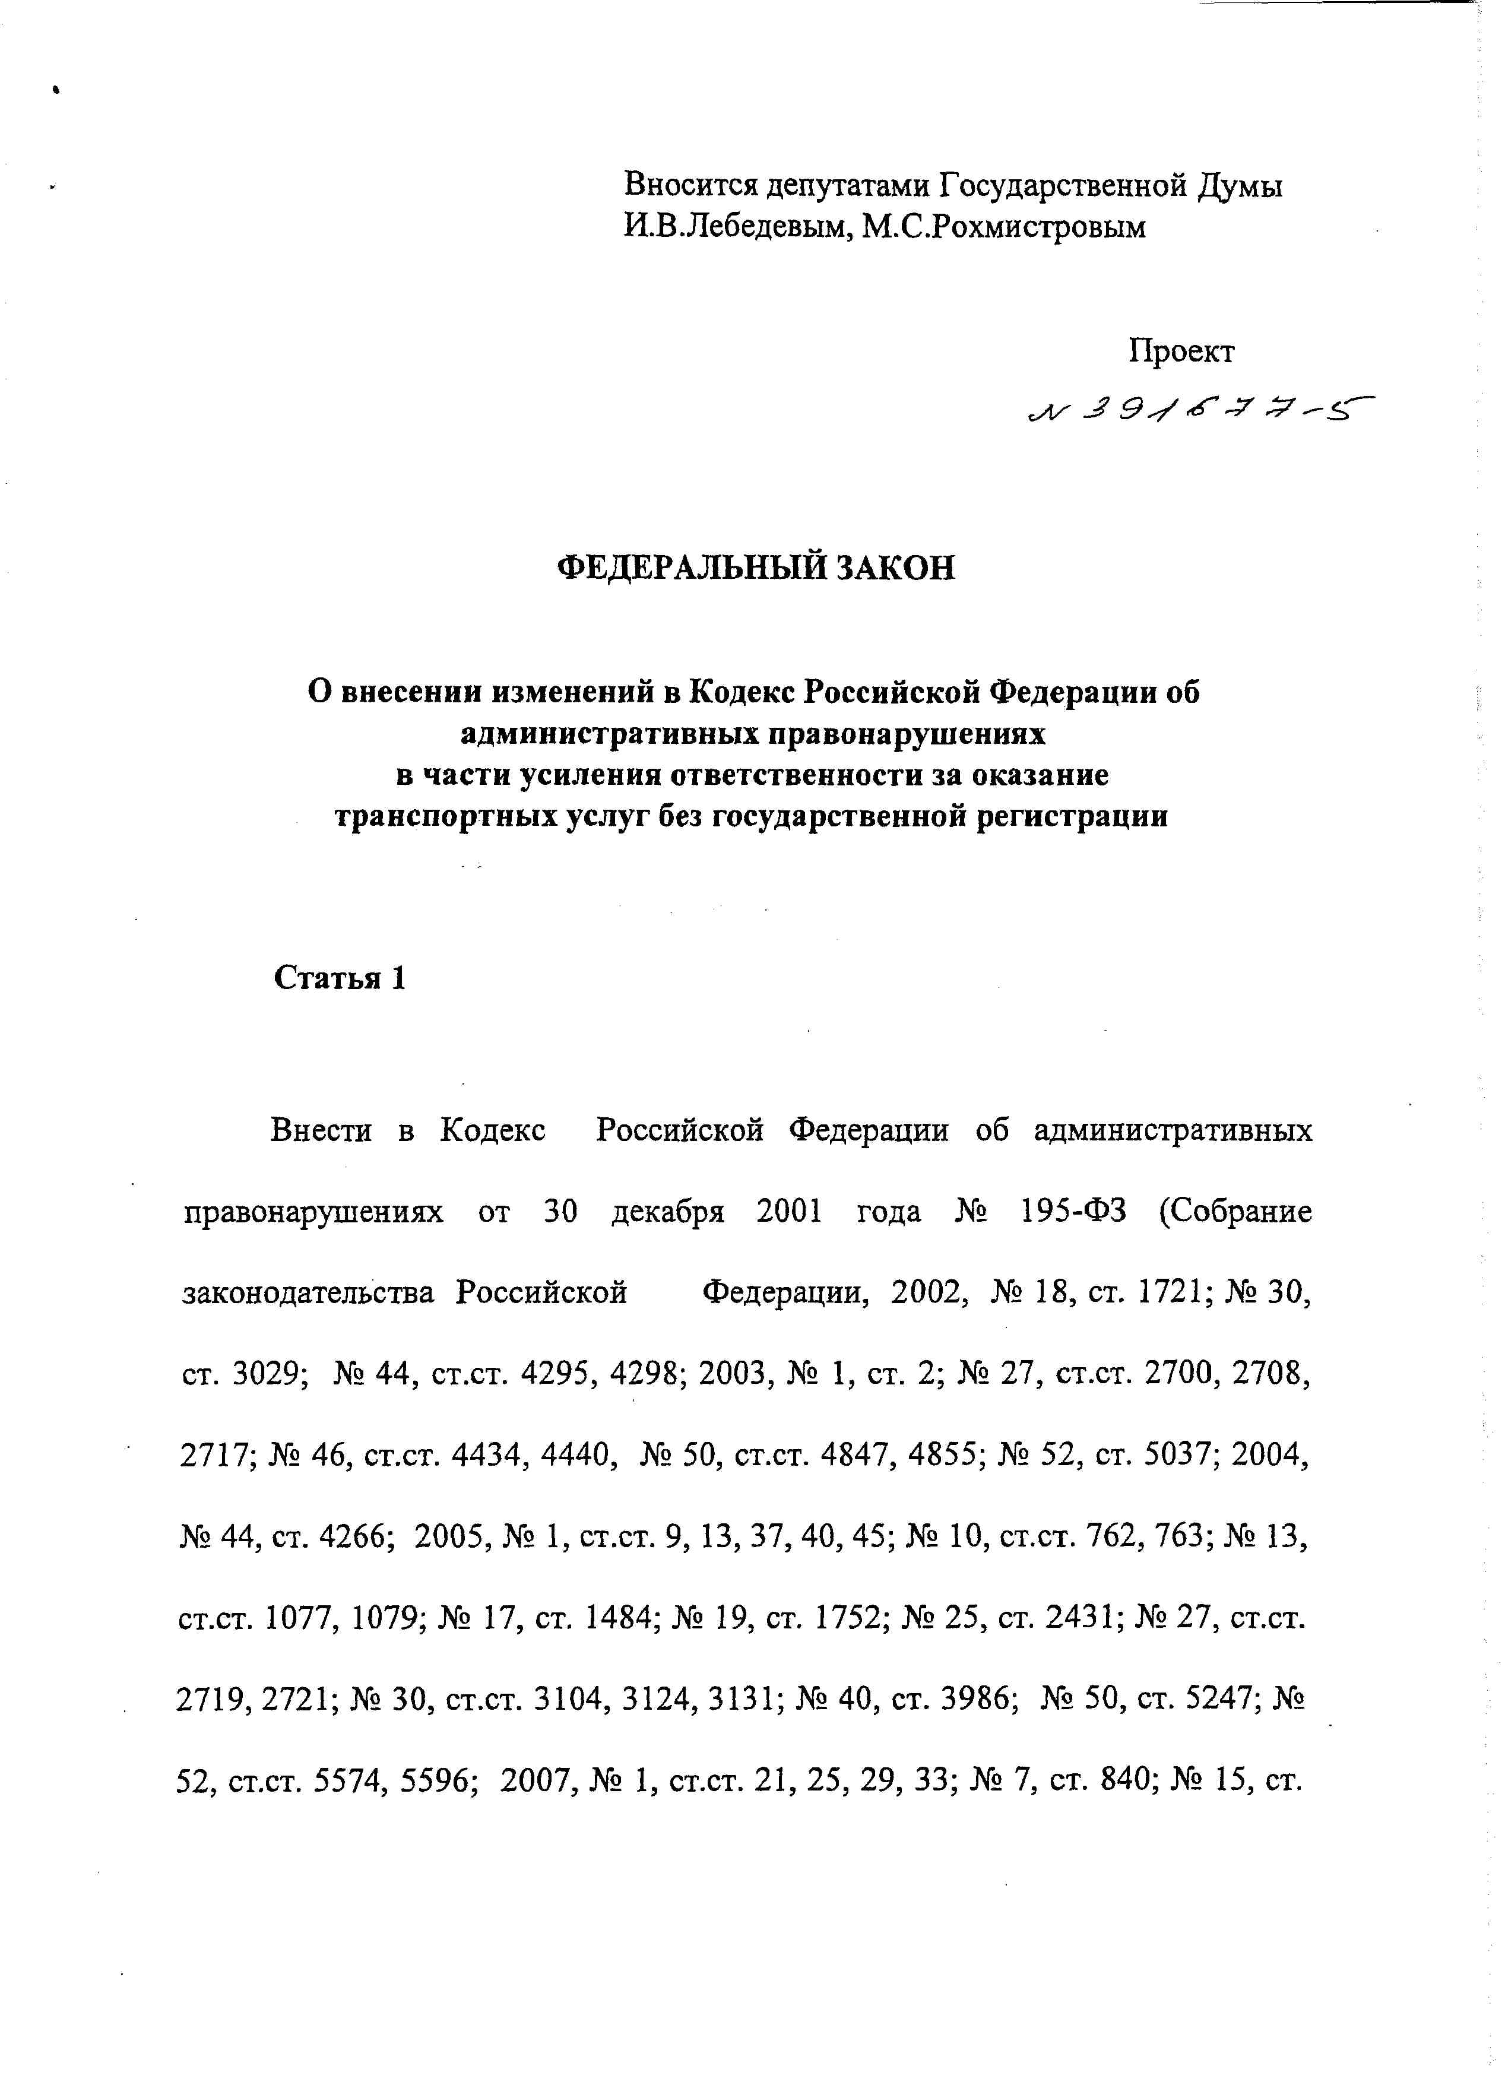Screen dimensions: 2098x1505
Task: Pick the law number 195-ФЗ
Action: click(1072, 1211)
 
